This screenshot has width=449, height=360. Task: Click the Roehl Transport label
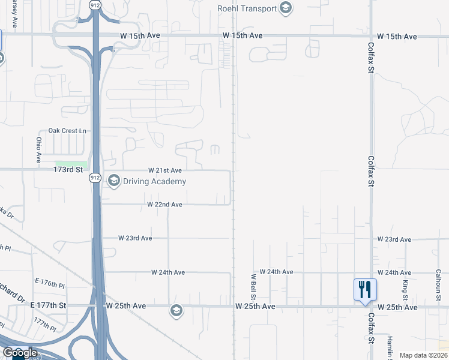point(247,8)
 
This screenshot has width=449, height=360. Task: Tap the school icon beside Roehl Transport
point(286,8)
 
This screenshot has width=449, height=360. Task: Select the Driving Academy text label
point(155,181)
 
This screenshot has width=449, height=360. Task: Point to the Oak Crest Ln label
point(67,131)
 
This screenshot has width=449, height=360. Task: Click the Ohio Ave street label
point(38,150)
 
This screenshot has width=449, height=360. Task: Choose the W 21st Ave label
point(165,171)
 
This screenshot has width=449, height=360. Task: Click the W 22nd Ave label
point(165,205)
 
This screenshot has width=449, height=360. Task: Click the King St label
point(405,289)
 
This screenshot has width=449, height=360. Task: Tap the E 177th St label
point(47,306)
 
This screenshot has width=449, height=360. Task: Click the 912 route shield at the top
point(95,5)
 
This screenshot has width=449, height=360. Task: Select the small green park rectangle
point(71,164)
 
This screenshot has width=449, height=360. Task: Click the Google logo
point(20,353)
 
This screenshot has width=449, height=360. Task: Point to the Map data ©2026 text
point(423,356)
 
